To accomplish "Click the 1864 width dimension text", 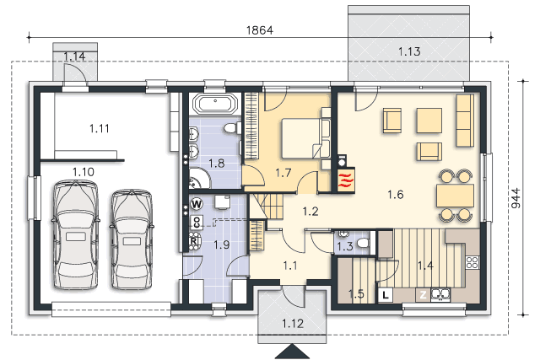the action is pos(260,30).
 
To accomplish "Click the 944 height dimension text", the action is pos(516,198).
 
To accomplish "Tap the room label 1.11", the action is pos(100,129).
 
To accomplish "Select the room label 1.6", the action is pos(396,195).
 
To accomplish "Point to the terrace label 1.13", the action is pos(409,51).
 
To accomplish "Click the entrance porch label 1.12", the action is pos(293,324).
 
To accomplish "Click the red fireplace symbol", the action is pos(346,180).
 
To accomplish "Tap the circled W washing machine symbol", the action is pos(197,204).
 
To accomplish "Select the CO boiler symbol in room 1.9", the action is pos(197,222).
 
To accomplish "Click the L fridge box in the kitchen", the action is pos(386,295).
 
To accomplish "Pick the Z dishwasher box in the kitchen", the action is pos(423,295).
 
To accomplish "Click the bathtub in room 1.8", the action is pos(215,103).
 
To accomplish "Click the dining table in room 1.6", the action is pos(456,195).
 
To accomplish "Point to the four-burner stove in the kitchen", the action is pos(472,262).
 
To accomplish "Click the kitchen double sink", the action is pos(440,294).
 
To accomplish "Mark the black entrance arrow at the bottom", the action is pos(293,352).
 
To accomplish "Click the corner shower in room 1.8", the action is pos(199,178).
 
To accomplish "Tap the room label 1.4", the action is pos(425,266).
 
